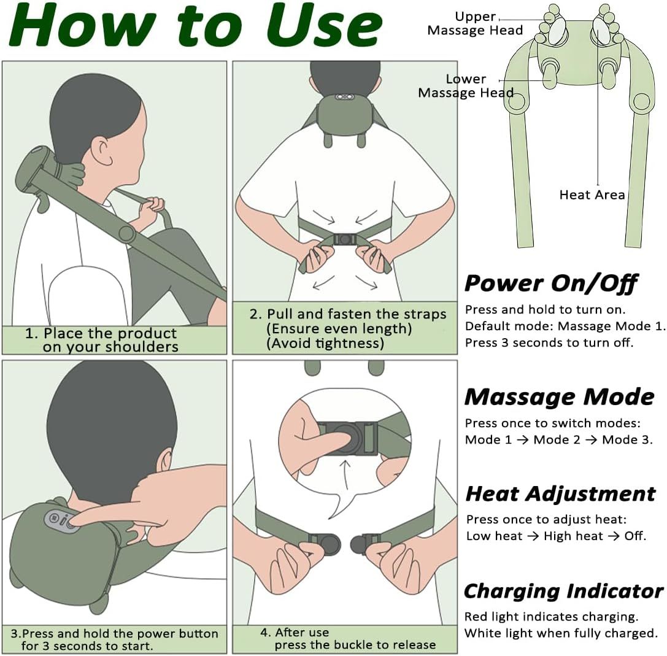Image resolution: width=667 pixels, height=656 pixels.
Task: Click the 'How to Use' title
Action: click(196, 26)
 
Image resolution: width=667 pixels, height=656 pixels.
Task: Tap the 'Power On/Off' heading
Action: click(551, 284)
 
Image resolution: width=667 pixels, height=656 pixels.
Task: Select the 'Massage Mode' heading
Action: click(560, 397)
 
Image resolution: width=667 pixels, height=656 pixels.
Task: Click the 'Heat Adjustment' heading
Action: click(561, 494)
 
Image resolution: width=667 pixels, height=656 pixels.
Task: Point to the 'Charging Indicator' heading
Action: click(564, 592)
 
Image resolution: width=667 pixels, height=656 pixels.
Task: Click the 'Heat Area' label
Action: click(592, 195)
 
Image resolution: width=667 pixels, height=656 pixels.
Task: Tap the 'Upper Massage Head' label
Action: click(475, 24)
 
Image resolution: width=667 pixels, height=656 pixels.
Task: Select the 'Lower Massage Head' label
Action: click(466, 86)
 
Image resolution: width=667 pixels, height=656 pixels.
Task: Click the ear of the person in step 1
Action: click(104, 150)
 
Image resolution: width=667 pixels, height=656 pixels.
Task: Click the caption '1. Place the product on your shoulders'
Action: click(102, 340)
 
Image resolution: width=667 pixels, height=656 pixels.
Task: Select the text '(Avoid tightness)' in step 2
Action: click(325, 343)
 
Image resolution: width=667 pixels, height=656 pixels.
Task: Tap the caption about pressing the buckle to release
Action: click(349, 639)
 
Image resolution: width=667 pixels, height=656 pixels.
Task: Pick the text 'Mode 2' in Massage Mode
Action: click(557, 439)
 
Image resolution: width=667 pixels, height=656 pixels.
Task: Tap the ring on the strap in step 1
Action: click(127, 233)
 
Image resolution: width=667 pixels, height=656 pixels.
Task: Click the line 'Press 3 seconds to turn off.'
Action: click(549, 342)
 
